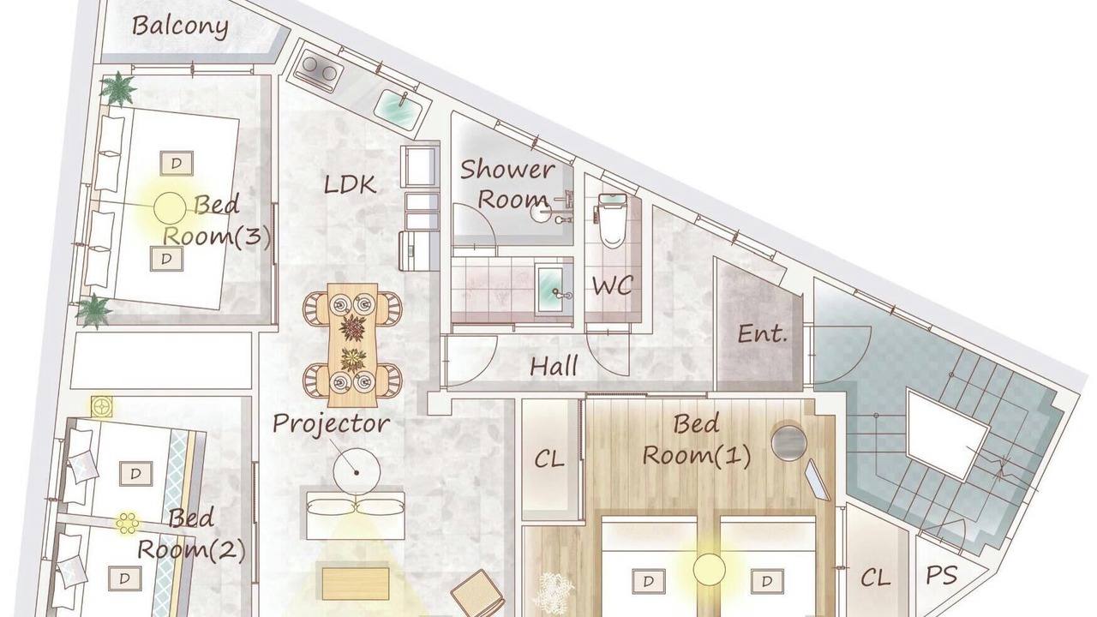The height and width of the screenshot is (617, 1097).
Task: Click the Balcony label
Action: (x=180, y=27)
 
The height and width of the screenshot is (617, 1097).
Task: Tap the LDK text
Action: (x=351, y=185)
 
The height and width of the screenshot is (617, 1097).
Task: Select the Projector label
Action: (x=332, y=424)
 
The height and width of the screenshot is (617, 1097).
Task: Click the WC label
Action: (x=613, y=285)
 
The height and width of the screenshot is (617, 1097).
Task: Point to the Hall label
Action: (x=554, y=366)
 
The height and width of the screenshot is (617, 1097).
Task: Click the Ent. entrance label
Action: (x=763, y=334)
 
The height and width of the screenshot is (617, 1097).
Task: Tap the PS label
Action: (x=941, y=575)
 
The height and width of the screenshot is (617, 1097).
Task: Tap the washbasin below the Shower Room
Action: (x=552, y=289)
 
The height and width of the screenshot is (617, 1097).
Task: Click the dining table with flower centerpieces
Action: (x=352, y=344)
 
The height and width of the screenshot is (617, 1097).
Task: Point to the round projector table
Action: (x=357, y=471)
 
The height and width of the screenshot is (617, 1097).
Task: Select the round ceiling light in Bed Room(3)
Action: (x=170, y=208)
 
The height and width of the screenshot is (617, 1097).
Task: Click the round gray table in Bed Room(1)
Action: (x=789, y=443)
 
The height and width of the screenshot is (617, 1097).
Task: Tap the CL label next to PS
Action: (x=875, y=578)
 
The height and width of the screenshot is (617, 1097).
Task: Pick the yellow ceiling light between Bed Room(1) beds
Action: (x=709, y=569)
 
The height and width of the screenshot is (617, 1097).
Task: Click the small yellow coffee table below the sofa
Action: (x=356, y=584)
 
